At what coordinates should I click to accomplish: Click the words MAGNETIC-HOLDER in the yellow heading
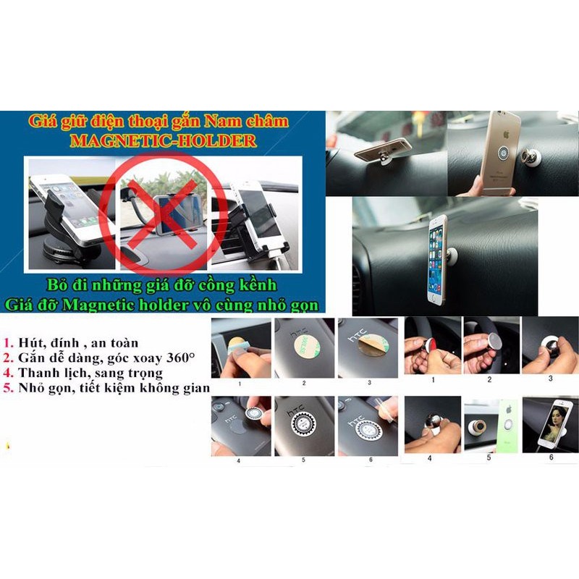(164, 140)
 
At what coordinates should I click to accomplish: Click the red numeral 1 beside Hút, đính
(8, 343)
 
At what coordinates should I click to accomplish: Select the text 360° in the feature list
(180, 358)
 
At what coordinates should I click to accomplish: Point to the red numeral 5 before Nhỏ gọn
(8, 388)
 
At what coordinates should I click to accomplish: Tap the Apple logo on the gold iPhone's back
(506, 134)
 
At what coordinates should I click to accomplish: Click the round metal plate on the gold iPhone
(503, 153)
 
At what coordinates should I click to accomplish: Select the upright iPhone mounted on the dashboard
(437, 260)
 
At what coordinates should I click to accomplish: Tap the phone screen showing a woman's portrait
(553, 424)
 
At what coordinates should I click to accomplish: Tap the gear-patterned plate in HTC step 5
(304, 425)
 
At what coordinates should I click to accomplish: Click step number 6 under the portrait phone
(551, 457)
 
